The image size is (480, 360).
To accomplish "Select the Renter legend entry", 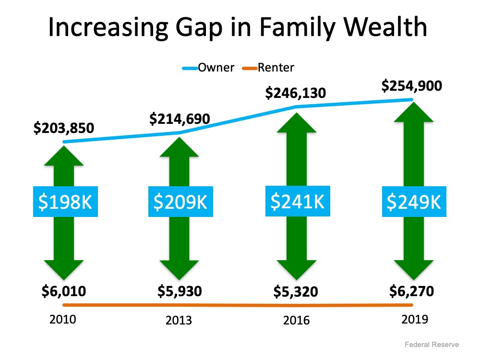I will point(276,67).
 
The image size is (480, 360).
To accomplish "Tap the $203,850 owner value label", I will point(63,128).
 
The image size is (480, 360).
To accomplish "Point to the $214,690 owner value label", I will point(180,119).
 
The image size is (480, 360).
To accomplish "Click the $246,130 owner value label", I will point(296,93).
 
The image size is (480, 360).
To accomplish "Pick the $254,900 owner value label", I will point(411,86).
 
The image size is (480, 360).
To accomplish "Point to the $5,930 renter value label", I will point(180,291).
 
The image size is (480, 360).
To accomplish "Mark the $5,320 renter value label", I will point(296,291).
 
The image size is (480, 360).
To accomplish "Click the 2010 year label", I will point(63,319).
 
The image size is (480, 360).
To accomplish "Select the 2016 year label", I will point(296,320).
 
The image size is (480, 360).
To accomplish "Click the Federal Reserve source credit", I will point(432,345).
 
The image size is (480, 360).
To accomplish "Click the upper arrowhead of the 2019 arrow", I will point(411,115).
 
